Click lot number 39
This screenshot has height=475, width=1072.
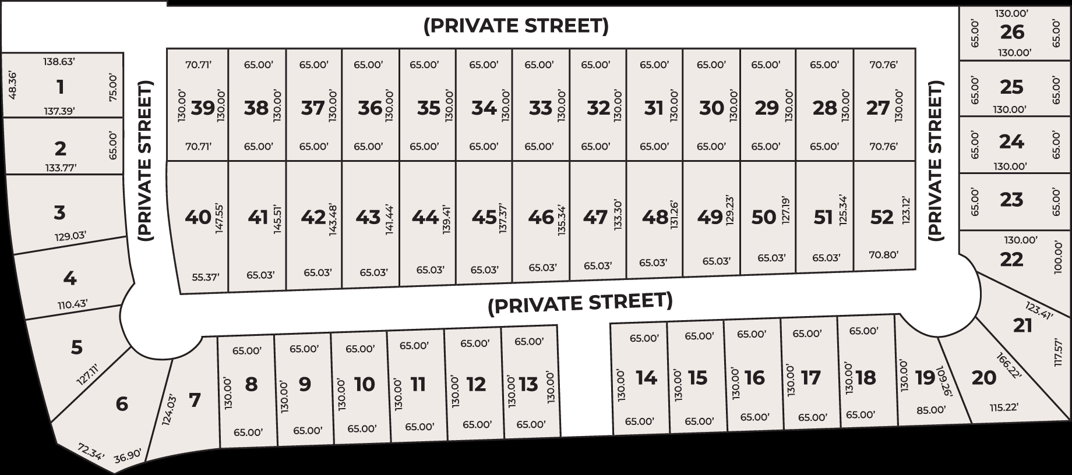[x=203, y=108]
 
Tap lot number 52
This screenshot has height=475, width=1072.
[x=881, y=217]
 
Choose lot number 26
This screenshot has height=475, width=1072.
[x=1011, y=32]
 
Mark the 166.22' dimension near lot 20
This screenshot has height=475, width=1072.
[x=1009, y=366]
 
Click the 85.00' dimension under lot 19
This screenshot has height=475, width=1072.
[x=931, y=410]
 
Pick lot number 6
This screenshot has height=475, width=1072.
[x=122, y=403]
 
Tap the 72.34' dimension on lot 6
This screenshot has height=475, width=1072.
[x=90, y=452]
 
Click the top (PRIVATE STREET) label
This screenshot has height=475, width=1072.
[x=516, y=26]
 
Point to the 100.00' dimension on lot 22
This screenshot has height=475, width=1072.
[x=1059, y=258]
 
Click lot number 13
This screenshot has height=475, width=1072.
[x=528, y=384]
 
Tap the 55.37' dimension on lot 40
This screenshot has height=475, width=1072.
[x=206, y=277]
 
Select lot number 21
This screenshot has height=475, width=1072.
[x=1022, y=325]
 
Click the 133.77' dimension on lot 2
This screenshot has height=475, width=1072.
[x=61, y=168]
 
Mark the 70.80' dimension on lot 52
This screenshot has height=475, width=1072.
[x=883, y=254]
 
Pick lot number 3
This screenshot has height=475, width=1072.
[x=59, y=212]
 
